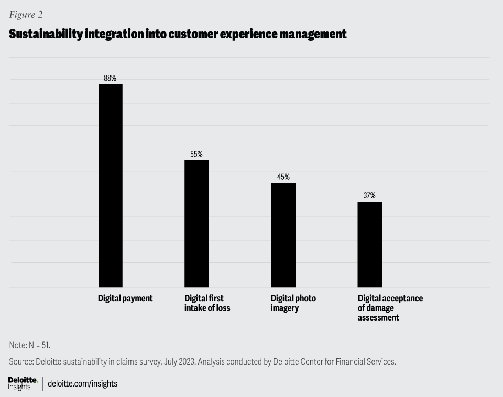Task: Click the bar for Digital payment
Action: click(111, 185)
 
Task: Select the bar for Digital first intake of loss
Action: click(196, 224)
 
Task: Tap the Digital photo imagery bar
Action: click(283, 235)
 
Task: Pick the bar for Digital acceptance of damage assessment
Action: click(369, 245)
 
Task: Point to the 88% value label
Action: click(110, 78)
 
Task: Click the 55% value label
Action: click(196, 154)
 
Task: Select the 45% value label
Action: click(283, 177)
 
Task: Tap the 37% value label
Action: click(369, 195)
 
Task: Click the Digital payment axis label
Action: click(125, 298)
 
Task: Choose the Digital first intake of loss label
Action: click(207, 303)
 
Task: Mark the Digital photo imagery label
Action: click(293, 303)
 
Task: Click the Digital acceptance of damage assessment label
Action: click(390, 307)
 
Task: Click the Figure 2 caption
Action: click(26, 15)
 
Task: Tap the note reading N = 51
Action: click(30, 345)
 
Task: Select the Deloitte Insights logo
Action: click(23, 383)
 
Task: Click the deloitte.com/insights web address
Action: click(82, 383)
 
